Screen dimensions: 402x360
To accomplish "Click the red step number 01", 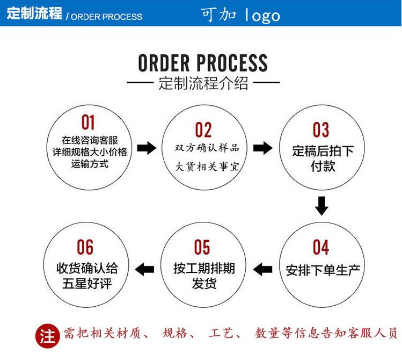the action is click(x=88, y=123).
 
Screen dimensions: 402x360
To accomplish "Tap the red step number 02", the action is click(x=203, y=130).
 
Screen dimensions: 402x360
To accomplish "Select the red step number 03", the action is click(x=320, y=130).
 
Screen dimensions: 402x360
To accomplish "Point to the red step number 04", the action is click(x=320, y=247).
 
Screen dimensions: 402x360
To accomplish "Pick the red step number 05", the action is click(x=202, y=247).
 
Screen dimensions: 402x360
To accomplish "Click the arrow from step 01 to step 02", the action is click(x=146, y=148).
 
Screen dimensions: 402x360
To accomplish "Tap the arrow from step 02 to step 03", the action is click(x=262, y=148).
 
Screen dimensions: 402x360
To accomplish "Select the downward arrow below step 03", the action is click(x=321, y=206).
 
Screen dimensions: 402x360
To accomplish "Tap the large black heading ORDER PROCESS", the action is click(x=202, y=63).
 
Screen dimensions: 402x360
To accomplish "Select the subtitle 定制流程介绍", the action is click(x=203, y=84).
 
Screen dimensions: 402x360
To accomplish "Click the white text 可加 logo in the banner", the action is click(x=241, y=15).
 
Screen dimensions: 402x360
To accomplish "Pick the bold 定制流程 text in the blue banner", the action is click(x=34, y=14).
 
